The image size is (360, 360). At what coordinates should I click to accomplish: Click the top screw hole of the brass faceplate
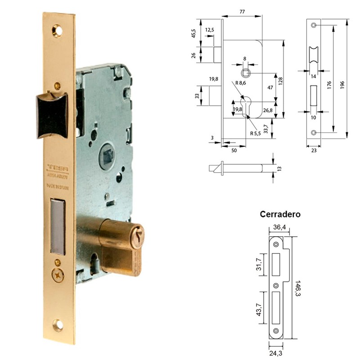[x=57, y=31]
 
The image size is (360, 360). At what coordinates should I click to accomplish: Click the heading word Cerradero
[x=280, y=214]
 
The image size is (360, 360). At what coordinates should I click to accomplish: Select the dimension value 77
[x=242, y=13]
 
